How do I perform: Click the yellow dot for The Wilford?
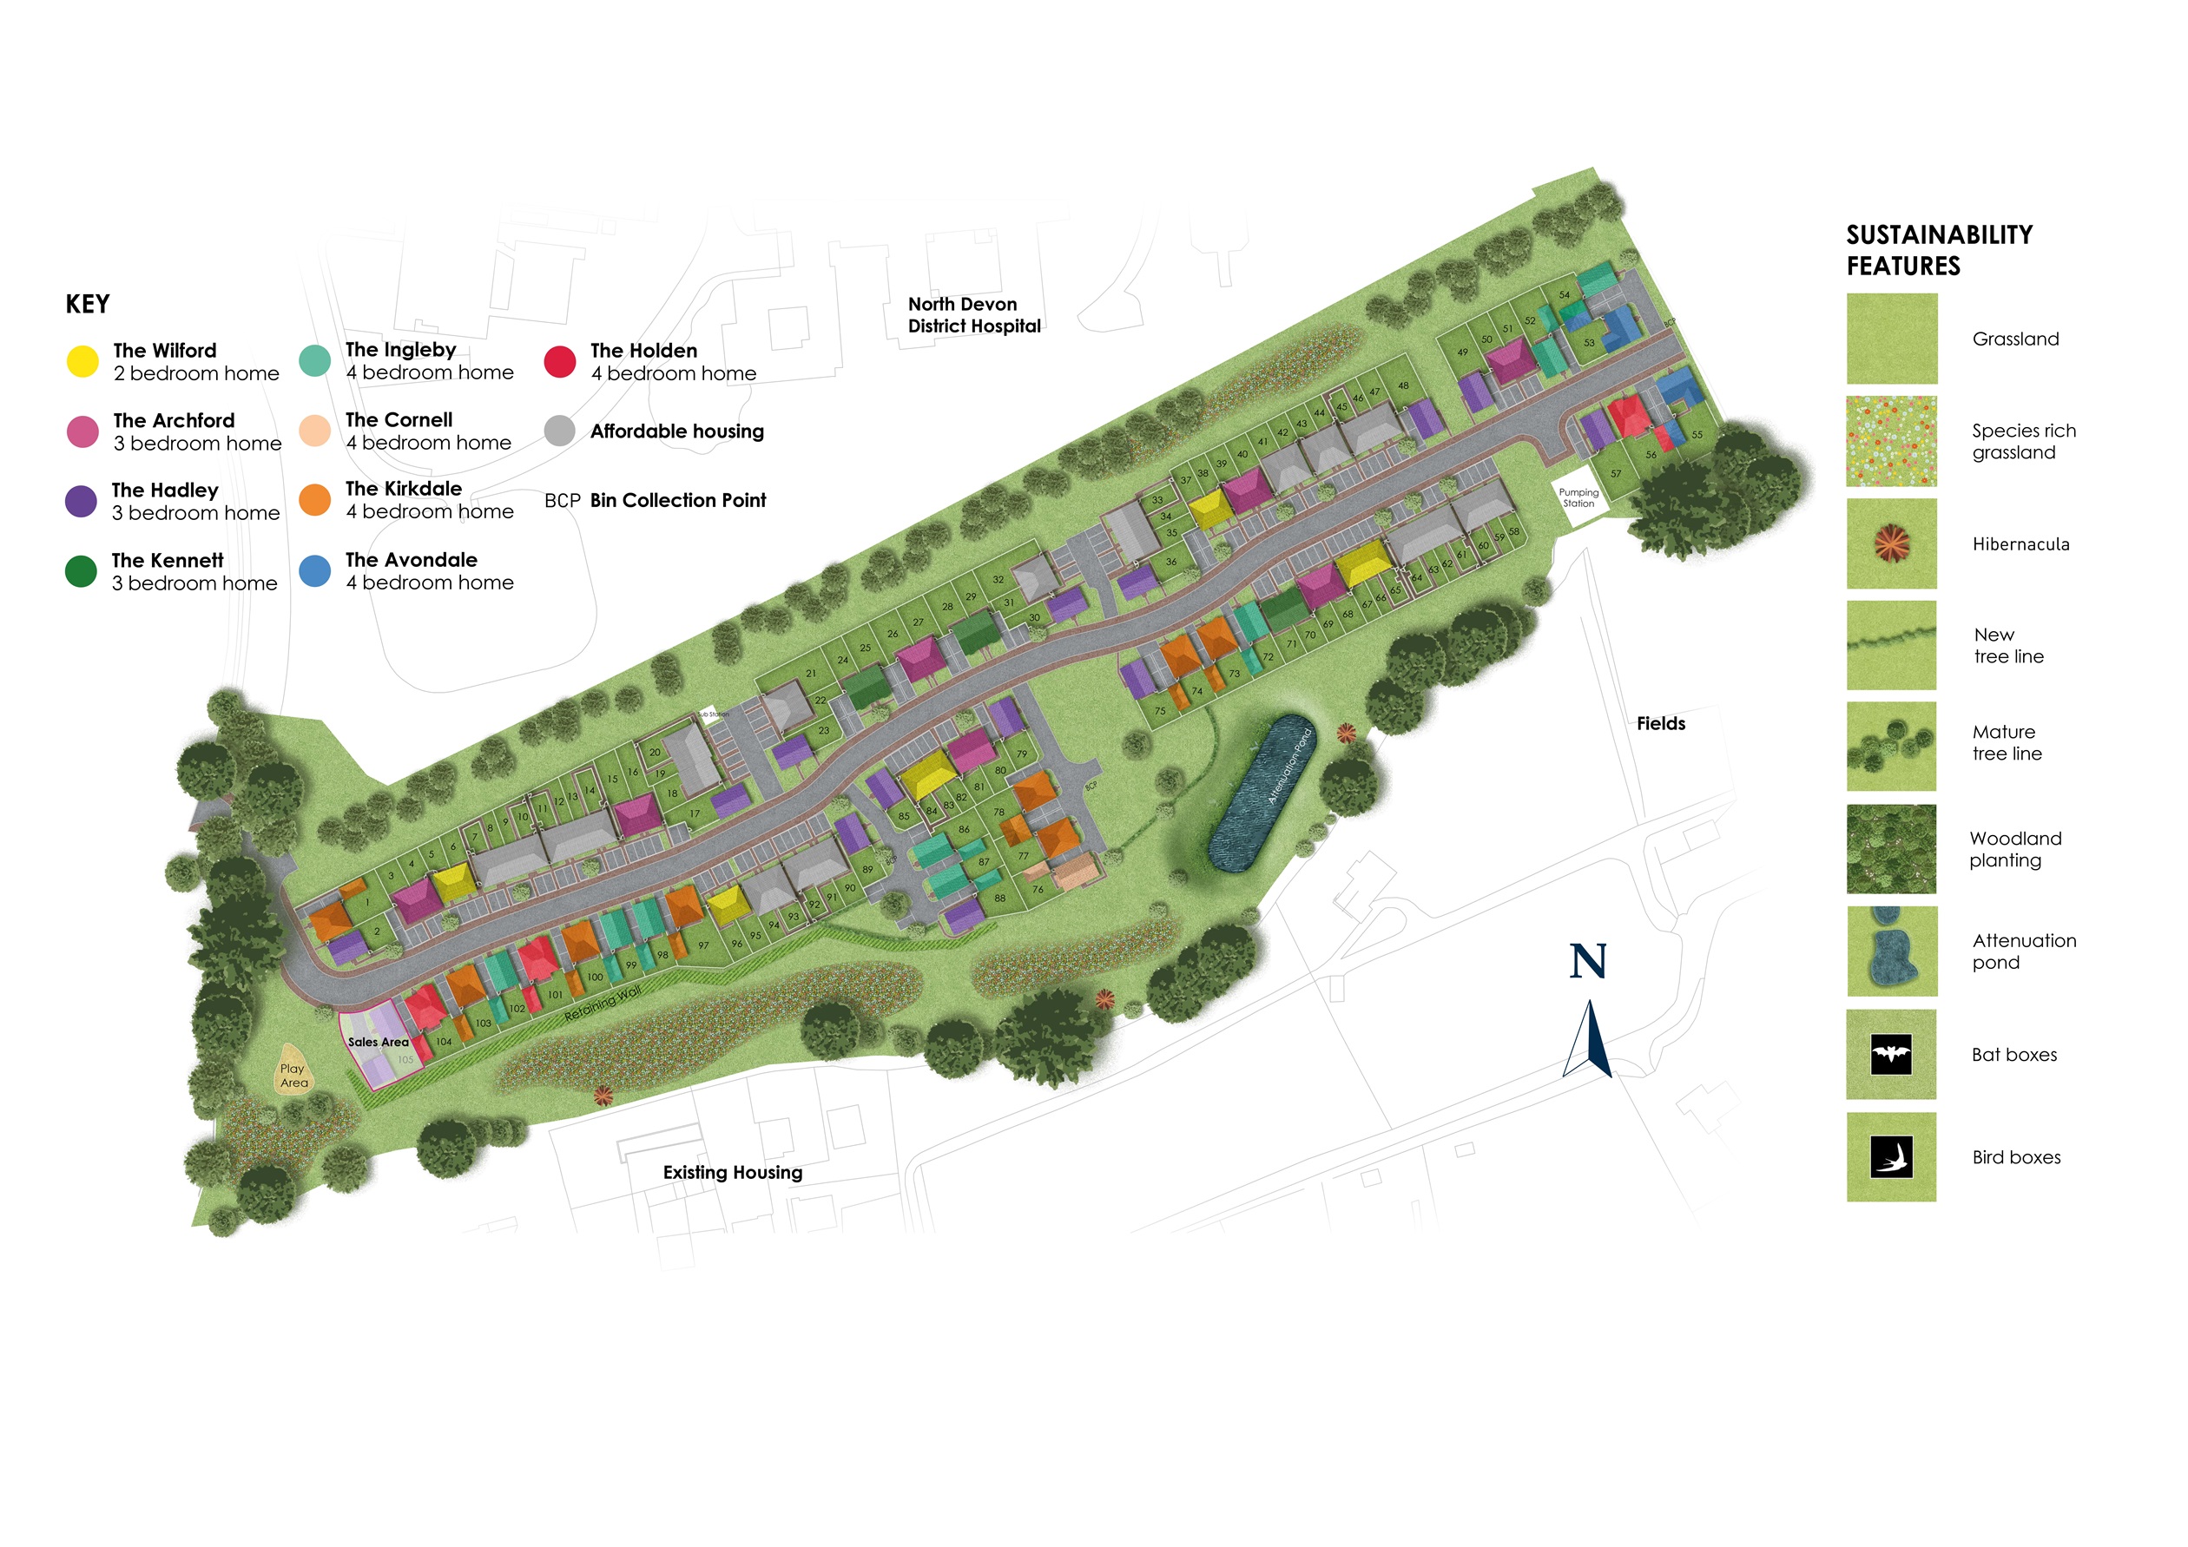point(82,362)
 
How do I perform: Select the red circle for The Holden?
point(559,362)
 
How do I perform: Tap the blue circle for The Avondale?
point(314,570)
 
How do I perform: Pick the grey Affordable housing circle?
point(559,431)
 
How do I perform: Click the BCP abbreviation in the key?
point(563,501)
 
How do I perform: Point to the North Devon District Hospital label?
point(973,315)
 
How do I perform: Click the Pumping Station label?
point(1578,498)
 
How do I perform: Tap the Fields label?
point(1660,724)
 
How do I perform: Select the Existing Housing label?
point(732,1173)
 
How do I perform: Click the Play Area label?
point(293,1076)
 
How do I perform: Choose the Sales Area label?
point(378,1042)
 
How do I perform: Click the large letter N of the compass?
point(1588,961)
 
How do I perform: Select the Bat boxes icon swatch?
point(1891,1055)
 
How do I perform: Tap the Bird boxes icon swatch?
point(1891,1157)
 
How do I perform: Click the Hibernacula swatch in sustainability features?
point(1891,544)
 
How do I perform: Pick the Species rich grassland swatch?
point(1891,441)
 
